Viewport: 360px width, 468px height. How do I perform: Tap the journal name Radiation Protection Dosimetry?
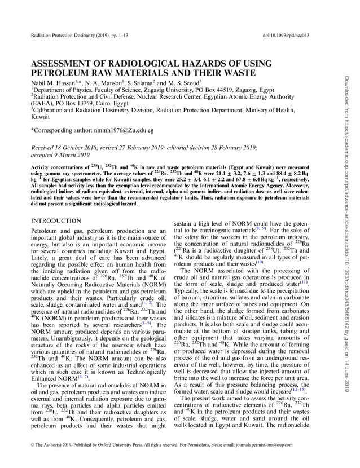73,36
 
